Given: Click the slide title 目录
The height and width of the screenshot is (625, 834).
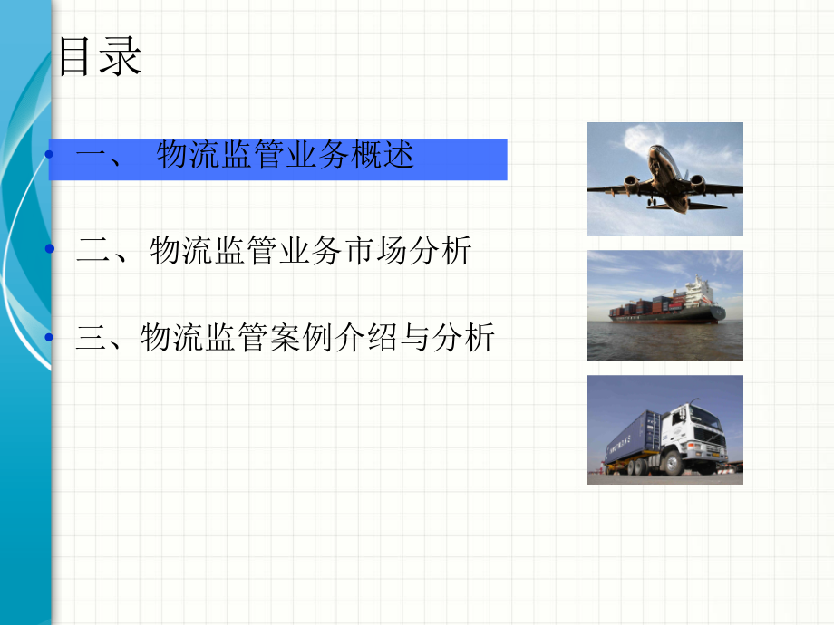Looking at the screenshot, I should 100,56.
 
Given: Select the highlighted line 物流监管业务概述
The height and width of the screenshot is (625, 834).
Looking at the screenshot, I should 285,157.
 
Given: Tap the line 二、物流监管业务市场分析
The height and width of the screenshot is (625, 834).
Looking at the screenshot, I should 274,251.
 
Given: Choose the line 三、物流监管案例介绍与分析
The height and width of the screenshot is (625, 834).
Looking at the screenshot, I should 286,338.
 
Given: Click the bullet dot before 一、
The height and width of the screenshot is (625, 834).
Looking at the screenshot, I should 50,155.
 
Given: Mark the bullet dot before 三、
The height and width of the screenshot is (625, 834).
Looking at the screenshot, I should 50,336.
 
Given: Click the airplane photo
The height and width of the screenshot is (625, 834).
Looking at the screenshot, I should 664,178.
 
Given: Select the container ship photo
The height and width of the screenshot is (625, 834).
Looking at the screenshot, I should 664,304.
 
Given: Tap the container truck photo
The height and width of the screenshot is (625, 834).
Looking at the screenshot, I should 664,429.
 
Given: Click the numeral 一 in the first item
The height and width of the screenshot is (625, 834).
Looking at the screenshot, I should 92,157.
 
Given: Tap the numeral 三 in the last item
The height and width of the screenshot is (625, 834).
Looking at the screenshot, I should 92,339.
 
